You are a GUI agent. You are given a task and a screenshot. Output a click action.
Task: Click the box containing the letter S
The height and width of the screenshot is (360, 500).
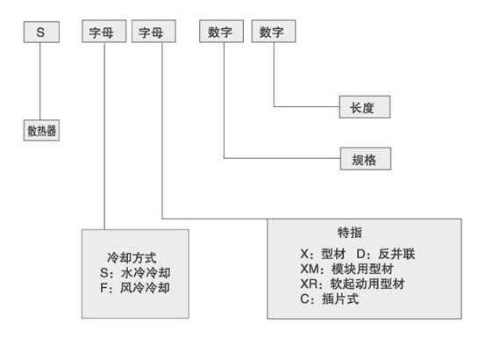click(41, 32)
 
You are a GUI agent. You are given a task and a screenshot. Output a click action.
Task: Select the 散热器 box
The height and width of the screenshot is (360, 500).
click(41, 130)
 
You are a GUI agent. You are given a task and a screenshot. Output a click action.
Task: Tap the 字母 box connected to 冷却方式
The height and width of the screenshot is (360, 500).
click(104, 32)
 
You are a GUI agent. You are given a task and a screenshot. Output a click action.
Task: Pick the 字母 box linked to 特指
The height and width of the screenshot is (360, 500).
click(154, 32)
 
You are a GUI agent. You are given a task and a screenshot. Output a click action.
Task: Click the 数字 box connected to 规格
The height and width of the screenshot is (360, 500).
click(222, 32)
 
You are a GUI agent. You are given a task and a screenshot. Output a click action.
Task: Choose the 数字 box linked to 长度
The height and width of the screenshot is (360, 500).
click(274, 32)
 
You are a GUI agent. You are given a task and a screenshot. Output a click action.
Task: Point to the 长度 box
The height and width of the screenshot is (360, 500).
click(365, 107)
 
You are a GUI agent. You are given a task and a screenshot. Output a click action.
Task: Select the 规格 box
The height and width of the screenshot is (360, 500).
click(366, 159)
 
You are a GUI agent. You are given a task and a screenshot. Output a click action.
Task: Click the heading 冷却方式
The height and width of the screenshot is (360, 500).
click(132, 257)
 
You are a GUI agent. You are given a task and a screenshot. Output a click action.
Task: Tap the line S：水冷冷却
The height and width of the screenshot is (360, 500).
click(135, 272)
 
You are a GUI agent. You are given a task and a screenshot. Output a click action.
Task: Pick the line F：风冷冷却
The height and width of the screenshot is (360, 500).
click(135, 287)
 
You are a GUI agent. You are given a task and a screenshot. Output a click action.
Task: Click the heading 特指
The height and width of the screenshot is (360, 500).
click(350, 233)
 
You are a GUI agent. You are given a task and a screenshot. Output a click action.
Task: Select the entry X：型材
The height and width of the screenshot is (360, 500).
click(323, 254)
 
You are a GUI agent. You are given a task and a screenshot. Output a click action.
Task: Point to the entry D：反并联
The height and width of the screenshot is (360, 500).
click(386, 254)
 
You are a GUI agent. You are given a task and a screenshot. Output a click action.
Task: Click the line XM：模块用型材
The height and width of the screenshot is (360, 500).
click(347, 269)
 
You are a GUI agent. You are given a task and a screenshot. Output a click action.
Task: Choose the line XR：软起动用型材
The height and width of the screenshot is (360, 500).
click(353, 284)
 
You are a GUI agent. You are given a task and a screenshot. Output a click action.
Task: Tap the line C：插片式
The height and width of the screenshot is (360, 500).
click(330, 299)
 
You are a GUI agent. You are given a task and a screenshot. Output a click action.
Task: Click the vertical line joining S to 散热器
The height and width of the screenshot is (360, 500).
click(40, 81)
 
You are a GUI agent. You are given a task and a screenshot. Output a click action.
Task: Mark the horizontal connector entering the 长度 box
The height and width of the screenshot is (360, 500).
click(307, 106)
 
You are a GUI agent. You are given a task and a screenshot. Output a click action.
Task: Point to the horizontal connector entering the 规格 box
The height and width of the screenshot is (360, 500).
click(282, 158)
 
